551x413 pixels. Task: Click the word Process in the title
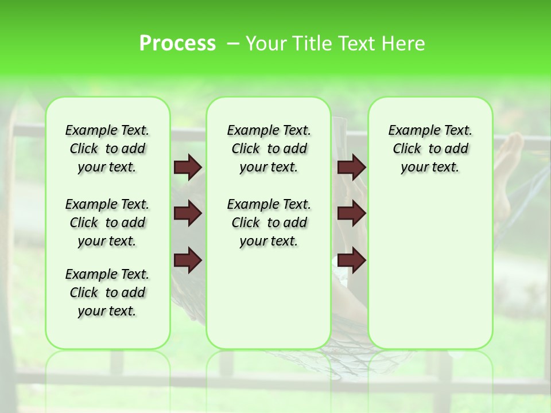point(177,44)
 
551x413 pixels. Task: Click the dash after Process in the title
point(233,44)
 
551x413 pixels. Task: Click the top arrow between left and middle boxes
point(188,167)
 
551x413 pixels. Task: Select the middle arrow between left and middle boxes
point(188,214)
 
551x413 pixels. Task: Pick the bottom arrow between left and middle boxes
point(188,260)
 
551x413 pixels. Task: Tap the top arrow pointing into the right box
point(351,167)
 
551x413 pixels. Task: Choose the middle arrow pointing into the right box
point(351,214)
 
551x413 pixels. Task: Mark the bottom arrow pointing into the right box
point(351,260)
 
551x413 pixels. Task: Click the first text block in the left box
point(107,149)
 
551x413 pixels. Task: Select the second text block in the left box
point(107,223)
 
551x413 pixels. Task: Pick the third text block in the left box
point(107,293)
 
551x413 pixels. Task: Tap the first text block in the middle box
point(269,149)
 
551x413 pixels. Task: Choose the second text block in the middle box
point(269,223)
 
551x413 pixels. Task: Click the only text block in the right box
point(430,149)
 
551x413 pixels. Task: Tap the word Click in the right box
point(407,149)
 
